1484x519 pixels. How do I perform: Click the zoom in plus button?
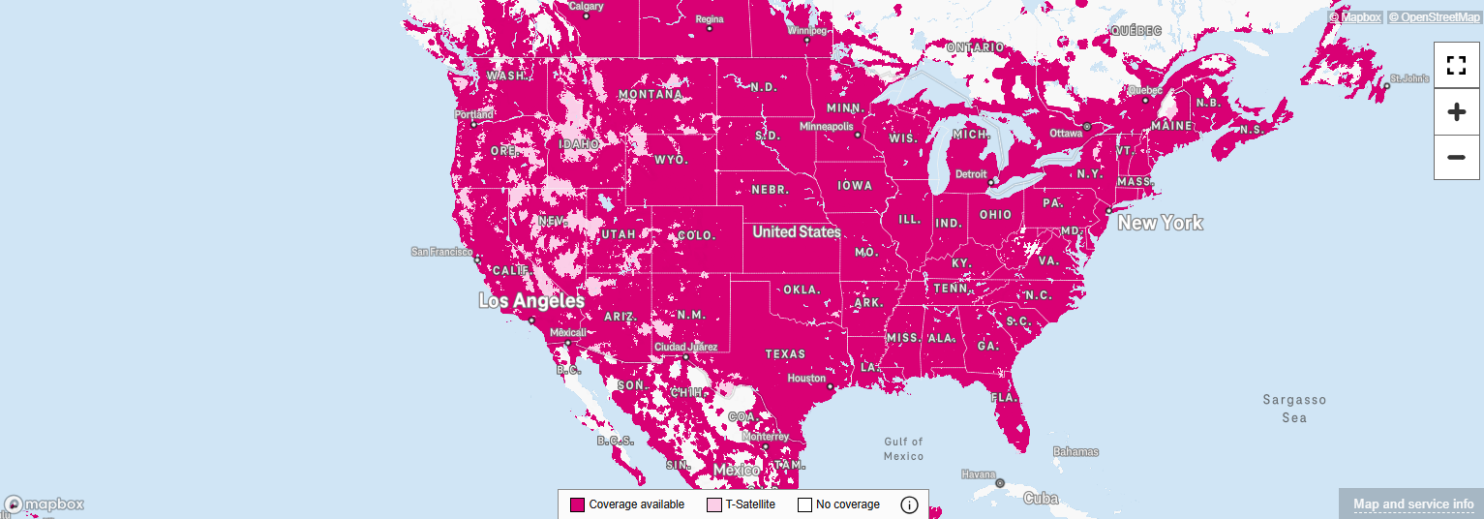(1456, 112)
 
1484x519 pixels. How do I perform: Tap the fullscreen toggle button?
(1456, 65)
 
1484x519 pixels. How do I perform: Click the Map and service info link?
(1413, 504)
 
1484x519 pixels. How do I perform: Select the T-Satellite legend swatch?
(714, 504)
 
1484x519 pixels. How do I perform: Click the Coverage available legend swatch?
(578, 504)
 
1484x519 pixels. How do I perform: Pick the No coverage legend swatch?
(804, 504)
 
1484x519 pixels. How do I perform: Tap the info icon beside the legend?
(909, 504)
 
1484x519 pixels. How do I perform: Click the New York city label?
(1160, 223)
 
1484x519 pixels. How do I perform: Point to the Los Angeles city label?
(531, 301)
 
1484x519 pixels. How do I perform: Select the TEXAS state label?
(785, 354)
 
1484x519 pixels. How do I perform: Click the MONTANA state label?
(651, 94)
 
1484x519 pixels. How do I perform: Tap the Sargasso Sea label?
(1294, 409)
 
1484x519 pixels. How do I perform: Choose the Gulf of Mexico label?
(903, 448)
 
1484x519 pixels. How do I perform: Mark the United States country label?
(796, 231)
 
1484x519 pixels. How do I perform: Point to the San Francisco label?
(441, 252)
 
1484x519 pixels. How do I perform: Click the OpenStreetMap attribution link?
(1434, 16)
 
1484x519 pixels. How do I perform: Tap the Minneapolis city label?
(827, 127)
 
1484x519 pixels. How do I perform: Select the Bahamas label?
(1075, 451)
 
